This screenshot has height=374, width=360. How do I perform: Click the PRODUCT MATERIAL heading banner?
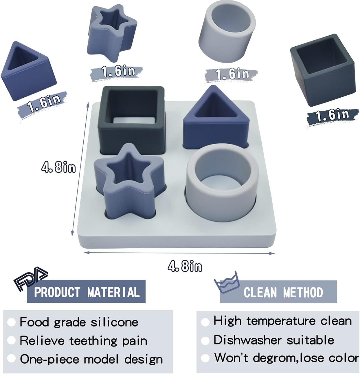[86, 291]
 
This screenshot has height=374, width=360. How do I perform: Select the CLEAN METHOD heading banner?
[278, 292]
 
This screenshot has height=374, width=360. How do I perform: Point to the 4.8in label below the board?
[185, 266]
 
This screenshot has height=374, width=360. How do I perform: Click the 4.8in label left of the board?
[58, 167]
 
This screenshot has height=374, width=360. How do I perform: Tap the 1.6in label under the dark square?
[332, 115]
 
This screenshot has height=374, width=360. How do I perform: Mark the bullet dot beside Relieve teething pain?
[11, 341]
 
